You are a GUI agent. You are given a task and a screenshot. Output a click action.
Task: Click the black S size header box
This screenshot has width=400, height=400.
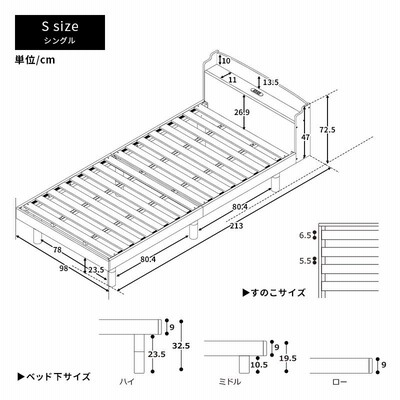click(x=60, y=32)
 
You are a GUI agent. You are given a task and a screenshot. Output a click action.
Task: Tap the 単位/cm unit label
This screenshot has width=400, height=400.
click(x=35, y=60)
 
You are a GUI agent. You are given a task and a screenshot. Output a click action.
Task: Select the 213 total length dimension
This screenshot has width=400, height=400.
click(x=236, y=226)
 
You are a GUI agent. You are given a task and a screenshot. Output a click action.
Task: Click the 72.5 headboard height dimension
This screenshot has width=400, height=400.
click(x=327, y=129)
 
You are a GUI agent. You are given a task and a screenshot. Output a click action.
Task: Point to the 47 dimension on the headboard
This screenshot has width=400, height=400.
click(x=305, y=137)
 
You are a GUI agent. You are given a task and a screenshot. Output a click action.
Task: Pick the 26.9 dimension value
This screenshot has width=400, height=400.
click(x=242, y=112)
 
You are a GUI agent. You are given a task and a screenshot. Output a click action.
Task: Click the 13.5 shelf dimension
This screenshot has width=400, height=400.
click(x=270, y=82)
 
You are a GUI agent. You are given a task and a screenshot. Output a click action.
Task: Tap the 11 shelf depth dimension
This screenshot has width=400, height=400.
click(x=233, y=80)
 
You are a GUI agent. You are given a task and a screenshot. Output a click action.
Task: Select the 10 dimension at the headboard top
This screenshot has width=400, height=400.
click(x=226, y=61)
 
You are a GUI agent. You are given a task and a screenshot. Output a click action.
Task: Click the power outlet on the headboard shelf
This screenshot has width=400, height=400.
click(x=256, y=91)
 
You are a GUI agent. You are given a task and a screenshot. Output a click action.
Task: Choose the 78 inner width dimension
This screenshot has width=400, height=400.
click(x=57, y=249)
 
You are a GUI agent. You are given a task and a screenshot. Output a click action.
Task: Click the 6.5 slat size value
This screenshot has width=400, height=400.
click(x=305, y=236)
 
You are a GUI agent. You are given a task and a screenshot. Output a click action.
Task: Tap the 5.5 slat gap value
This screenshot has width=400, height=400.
click(x=305, y=261)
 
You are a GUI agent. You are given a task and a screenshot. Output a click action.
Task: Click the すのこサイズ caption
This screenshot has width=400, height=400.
click(x=274, y=293)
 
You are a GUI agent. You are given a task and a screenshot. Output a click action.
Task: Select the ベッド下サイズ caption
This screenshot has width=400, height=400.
click(x=54, y=377)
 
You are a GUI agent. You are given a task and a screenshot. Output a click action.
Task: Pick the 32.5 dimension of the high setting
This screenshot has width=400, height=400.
click(x=181, y=346)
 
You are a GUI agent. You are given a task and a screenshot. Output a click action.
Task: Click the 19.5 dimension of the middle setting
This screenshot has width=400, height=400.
click(x=288, y=358)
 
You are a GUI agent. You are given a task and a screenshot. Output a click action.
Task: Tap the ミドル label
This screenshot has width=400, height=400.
click(x=229, y=382)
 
